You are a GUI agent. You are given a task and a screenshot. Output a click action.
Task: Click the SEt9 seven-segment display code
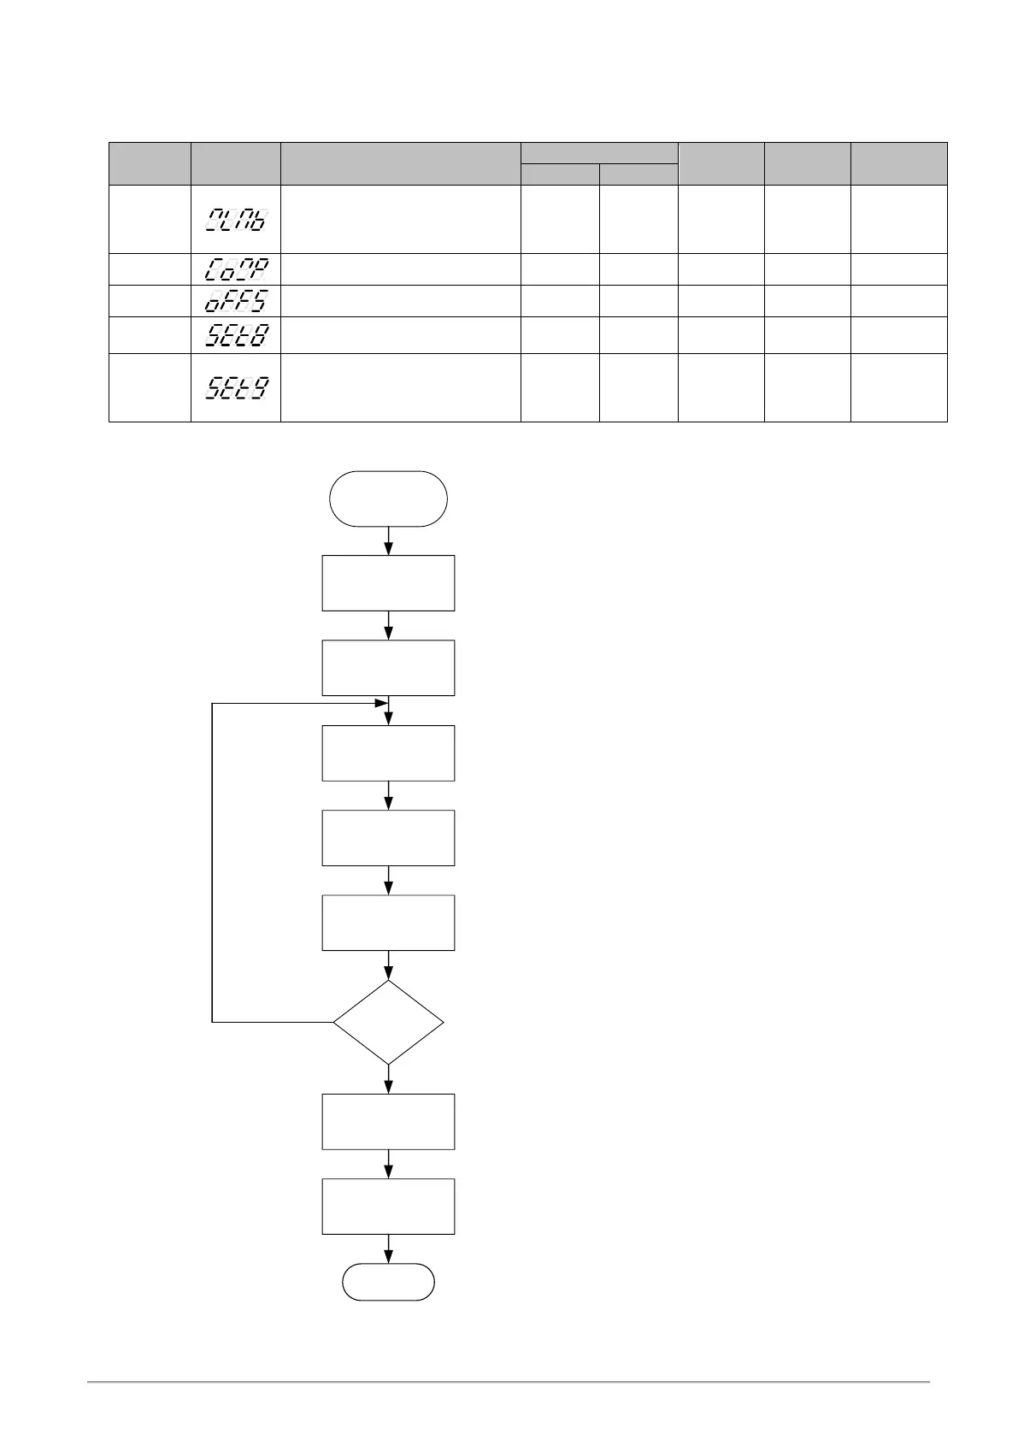tap(237, 387)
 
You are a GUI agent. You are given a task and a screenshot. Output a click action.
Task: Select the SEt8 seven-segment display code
tap(237, 334)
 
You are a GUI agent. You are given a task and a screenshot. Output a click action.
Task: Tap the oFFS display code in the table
tap(237, 301)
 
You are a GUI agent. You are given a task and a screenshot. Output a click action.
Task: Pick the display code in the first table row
tap(237, 219)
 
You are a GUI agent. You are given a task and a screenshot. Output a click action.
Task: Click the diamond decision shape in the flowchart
tap(388, 1022)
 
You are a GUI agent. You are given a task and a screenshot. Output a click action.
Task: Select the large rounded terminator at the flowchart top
tap(388, 499)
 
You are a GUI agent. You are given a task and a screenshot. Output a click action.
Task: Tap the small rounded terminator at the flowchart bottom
tap(388, 1282)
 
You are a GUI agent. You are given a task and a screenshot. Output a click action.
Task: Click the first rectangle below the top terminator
tap(388, 583)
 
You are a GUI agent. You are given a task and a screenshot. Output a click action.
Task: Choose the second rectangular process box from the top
tap(388, 668)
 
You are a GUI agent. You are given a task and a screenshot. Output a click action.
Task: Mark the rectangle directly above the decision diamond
tap(388, 923)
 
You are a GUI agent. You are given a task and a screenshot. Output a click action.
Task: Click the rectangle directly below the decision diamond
tap(388, 1121)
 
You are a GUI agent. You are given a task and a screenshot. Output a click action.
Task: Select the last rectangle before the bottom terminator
tap(388, 1207)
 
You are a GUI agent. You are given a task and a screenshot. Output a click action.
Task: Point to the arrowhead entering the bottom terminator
tap(389, 1257)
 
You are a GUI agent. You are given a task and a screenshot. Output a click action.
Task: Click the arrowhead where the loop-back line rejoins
tap(381, 704)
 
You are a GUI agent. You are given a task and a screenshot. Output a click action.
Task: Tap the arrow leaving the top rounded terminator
tap(389, 541)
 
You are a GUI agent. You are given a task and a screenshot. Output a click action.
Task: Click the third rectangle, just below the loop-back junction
tap(388, 752)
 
